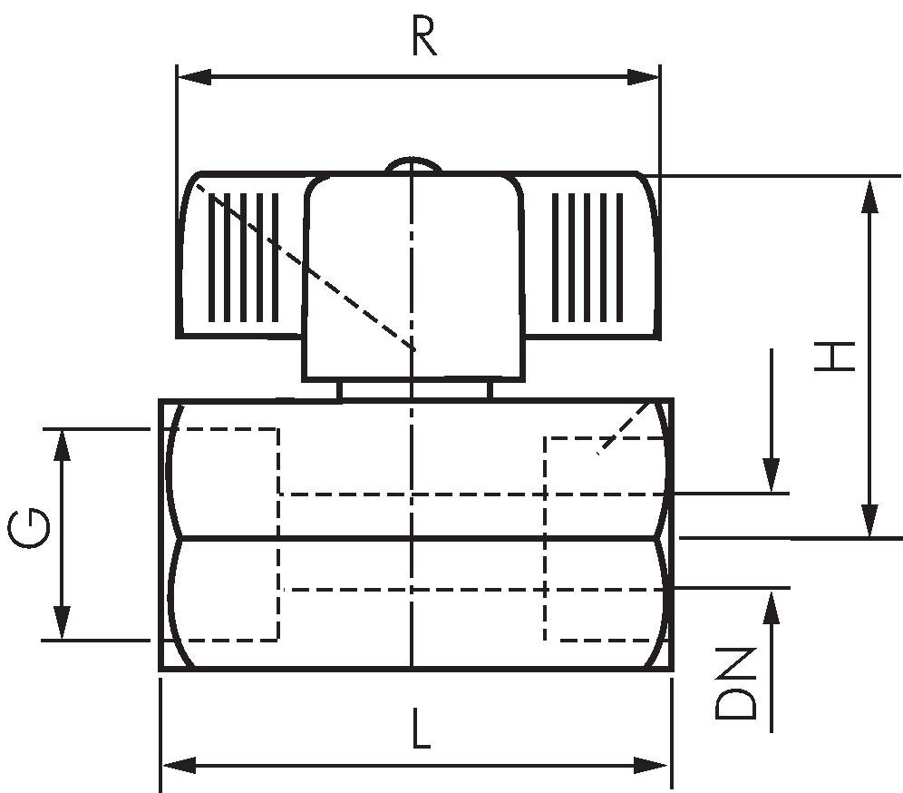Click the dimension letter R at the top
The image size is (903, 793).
[x=424, y=37]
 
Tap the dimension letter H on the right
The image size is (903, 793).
[x=834, y=357]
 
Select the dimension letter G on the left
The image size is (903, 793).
[x=29, y=528]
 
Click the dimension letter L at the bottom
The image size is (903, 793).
[x=421, y=729]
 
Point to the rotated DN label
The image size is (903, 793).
[x=735, y=683]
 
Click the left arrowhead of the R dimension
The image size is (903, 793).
[x=195, y=76]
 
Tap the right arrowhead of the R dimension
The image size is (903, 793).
[x=643, y=76]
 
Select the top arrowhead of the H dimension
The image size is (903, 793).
[x=870, y=197]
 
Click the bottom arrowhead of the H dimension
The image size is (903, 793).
[x=870, y=521]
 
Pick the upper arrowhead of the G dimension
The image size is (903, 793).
[x=62, y=445]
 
